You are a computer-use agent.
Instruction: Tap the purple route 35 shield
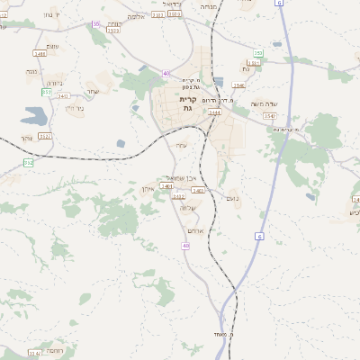point(96,25)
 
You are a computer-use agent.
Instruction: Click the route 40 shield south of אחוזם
point(185,245)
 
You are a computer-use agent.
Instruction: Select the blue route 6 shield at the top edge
point(280,4)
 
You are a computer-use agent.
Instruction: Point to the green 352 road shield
point(28,162)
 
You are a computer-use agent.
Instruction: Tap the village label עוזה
point(182,145)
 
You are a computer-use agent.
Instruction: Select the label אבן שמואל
point(184,177)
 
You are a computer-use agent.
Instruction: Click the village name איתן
point(148,188)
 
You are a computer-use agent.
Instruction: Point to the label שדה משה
point(269,104)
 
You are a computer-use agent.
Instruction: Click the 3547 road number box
point(269,115)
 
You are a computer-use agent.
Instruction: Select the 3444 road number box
point(215,112)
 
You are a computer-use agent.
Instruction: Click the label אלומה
point(136,16)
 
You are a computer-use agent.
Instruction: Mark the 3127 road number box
point(45,136)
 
